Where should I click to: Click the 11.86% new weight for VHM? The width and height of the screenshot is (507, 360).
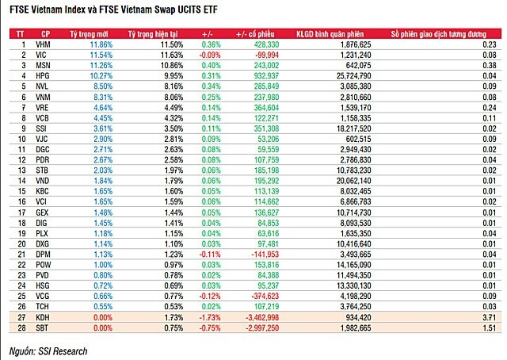click(x=101, y=45)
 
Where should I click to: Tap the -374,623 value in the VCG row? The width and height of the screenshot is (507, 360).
click(x=263, y=293)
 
